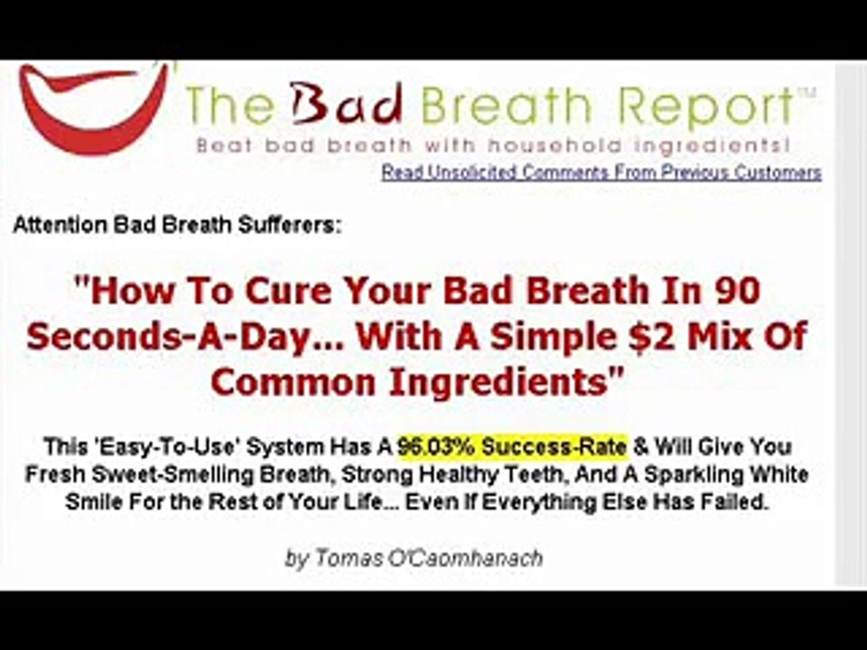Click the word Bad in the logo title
pos(347,107)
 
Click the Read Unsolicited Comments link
pos(601,172)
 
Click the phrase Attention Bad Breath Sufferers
pos(178,226)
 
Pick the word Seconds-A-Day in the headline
pos(163,337)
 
